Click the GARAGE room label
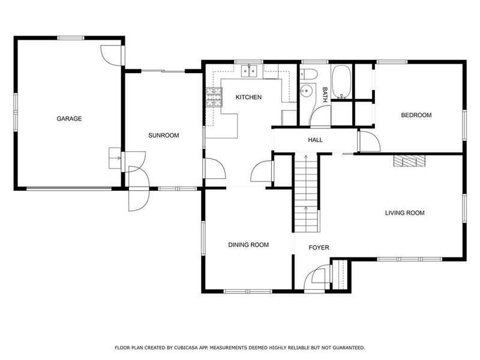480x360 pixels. click(x=69, y=119)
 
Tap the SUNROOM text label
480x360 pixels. click(x=163, y=136)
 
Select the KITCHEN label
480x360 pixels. click(x=248, y=97)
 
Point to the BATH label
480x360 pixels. click(x=325, y=95)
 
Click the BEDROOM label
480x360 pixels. click(x=416, y=115)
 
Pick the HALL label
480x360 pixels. click(x=316, y=140)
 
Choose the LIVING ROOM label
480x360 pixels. click(x=404, y=213)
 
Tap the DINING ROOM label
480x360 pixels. click(x=248, y=245)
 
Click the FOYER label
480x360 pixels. click(x=319, y=248)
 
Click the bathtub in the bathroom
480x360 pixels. click(x=341, y=82)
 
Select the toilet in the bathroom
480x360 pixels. click(x=309, y=74)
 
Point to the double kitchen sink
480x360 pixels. click(x=249, y=71)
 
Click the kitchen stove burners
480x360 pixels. click(x=214, y=97)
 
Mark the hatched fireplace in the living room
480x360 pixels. click(x=410, y=161)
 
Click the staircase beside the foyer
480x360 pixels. click(x=306, y=193)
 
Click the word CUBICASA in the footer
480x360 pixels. click(x=187, y=348)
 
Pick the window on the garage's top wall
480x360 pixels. click(x=71, y=38)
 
